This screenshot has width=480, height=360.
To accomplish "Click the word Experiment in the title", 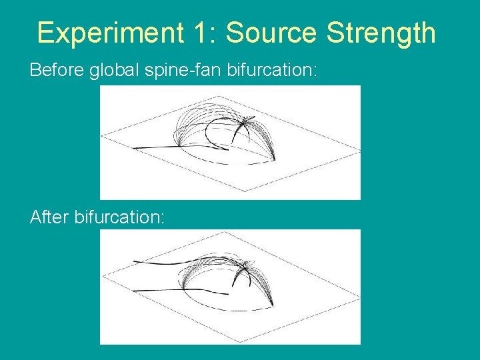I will click(x=109, y=33).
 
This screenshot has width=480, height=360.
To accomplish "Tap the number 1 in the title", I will click(x=201, y=33).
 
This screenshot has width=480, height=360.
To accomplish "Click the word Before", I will click(x=57, y=70).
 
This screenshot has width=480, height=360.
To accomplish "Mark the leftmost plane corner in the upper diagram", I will click(x=102, y=137).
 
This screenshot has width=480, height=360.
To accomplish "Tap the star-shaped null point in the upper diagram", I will click(x=247, y=121).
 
